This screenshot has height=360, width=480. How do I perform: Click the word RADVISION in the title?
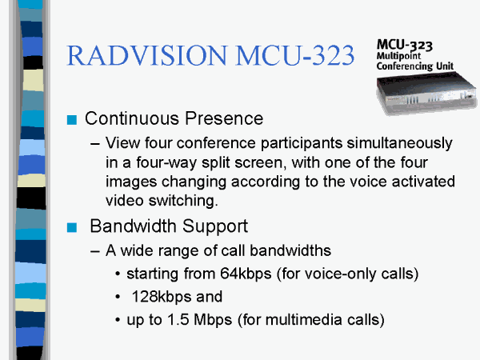click(147, 55)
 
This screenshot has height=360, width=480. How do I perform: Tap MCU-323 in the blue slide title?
click(295, 55)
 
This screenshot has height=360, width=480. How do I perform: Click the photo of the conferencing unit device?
click(426, 93)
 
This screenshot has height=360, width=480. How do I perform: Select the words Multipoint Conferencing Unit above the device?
click(414, 62)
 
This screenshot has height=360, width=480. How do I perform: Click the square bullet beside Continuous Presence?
click(72, 120)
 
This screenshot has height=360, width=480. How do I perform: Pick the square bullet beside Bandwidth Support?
click(72, 227)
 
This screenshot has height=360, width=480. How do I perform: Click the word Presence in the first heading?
click(224, 118)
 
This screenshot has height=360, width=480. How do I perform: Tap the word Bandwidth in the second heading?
click(133, 226)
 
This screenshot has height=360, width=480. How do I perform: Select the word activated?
click(423, 182)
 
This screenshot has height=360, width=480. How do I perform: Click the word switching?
click(183, 201)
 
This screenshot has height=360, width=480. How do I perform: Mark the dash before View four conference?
click(95, 144)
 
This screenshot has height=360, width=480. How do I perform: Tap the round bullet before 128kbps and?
click(118, 297)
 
